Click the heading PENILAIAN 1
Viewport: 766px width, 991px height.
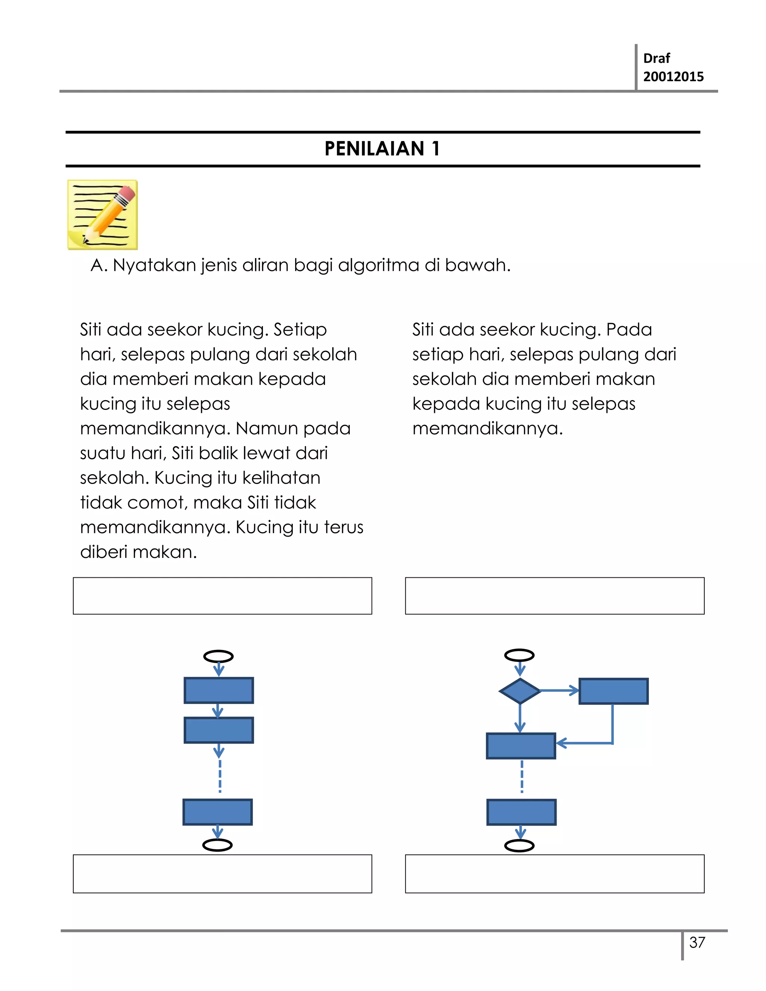point(382,149)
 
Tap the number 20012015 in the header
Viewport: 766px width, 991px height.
point(673,76)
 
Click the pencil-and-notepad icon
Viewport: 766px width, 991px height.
point(102,215)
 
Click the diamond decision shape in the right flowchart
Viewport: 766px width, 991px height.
point(520,691)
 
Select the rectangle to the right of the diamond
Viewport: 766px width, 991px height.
point(613,691)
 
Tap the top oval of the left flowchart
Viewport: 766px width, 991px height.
point(219,656)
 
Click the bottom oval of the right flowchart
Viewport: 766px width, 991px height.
point(519,846)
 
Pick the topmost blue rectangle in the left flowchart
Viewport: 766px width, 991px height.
point(219,690)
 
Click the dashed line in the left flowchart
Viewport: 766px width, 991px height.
point(220,776)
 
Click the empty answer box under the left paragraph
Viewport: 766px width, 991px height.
point(223,596)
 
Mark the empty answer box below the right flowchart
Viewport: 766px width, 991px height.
point(555,874)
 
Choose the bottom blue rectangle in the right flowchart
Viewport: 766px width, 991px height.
point(521,812)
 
